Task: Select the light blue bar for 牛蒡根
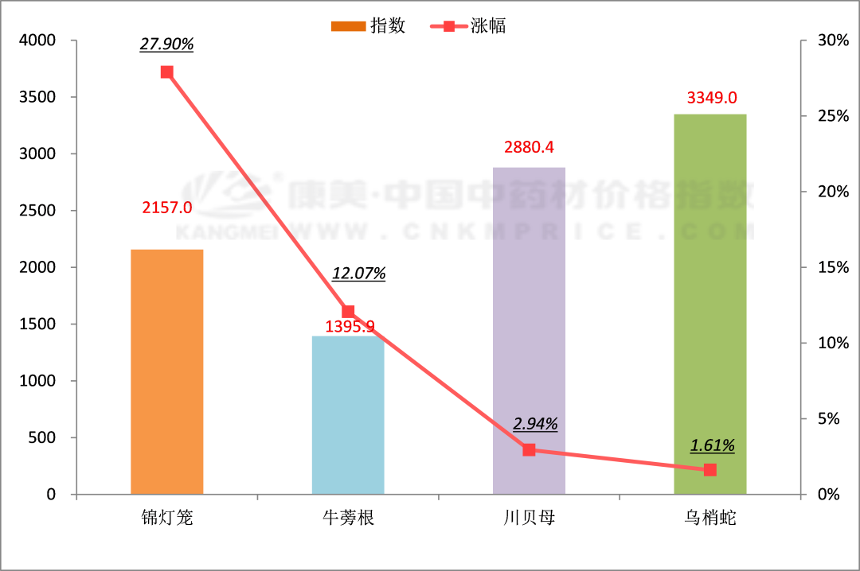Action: click(x=348, y=414)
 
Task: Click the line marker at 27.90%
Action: click(x=166, y=72)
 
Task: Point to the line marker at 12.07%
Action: click(x=348, y=312)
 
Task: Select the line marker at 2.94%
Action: click(x=529, y=450)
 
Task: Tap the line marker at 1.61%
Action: click(x=710, y=470)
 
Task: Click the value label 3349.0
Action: click(x=711, y=98)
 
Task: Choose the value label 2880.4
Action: click(x=530, y=147)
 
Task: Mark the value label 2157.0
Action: click(x=167, y=208)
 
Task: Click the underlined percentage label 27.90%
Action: click(x=166, y=45)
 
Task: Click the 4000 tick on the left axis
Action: click(x=39, y=41)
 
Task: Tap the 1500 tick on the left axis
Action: click(x=39, y=324)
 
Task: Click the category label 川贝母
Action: click(x=529, y=519)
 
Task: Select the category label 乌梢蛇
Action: click(x=710, y=519)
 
